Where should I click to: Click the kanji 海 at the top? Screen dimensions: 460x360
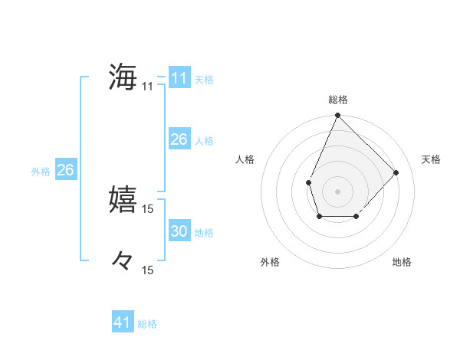[x=123, y=77]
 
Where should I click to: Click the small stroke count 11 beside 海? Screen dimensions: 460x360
[x=147, y=87]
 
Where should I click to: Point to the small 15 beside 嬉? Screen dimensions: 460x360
[x=148, y=208]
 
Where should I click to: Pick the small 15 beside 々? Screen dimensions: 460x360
[x=148, y=270]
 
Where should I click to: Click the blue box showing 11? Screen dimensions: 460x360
[x=179, y=78]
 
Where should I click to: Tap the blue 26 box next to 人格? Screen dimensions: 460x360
[x=179, y=139]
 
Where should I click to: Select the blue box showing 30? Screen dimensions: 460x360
[x=179, y=231]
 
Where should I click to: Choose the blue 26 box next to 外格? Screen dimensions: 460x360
[x=65, y=170]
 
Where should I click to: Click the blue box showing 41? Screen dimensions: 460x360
[x=123, y=322]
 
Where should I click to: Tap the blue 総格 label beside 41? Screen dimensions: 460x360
[x=147, y=324]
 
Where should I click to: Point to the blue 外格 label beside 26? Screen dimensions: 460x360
[x=41, y=172]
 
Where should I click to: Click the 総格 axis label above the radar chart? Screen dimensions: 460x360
[x=338, y=100]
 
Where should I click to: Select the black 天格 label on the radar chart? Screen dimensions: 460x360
[x=432, y=159]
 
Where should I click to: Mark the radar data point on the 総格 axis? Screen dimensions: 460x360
[x=337, y=116]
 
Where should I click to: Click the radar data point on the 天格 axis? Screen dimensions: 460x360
[x=396, y=172]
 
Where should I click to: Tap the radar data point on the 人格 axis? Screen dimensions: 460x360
[x=308, y=182]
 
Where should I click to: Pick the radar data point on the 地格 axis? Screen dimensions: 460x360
[x=356, y=217]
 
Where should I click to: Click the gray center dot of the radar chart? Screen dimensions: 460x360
[x=337, y=191]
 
